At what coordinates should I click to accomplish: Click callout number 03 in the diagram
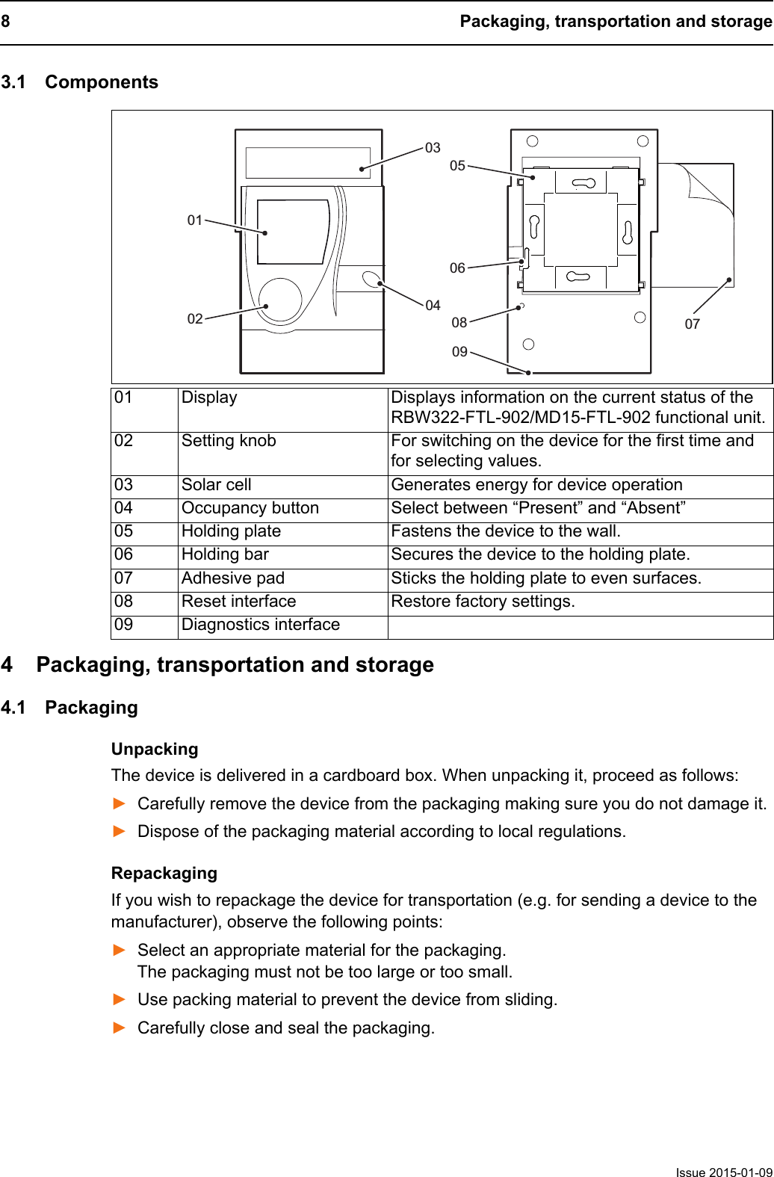(x=433, y=148)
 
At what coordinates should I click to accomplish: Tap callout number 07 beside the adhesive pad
(x=693, y=324)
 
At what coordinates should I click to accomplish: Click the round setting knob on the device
(x=281, y=299)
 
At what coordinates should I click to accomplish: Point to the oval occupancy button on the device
(x=371, y=280)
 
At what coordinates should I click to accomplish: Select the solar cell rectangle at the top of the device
(x=308, y=162)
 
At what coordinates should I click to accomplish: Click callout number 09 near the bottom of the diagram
(x=459, y=351)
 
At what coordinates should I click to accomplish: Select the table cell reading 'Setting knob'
(x=229, y=441)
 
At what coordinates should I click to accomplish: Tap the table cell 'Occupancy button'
(x=250, y=508)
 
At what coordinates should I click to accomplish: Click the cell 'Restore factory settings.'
(x=483, y=602)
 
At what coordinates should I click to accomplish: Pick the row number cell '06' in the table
(x=124, y=554)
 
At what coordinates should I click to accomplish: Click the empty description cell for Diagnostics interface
(x=579, y=626)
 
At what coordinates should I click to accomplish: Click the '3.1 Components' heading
(x=80, y=82)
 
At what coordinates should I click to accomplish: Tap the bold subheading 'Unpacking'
(x=155, y=749)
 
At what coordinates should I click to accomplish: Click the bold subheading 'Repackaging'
(x=164, y=873)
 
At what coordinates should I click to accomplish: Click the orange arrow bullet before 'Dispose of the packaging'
(x=120, y=832)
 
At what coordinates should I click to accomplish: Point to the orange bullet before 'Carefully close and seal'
(x=120, y=1028)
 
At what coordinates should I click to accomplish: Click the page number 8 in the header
(x=5, y=22)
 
